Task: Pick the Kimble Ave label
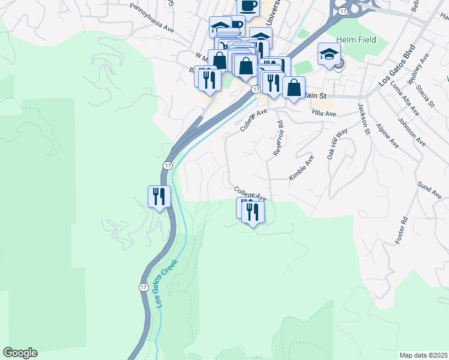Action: coord(301,168)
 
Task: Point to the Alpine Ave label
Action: coord(387,136)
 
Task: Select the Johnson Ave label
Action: coord(412,134)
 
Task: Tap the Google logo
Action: coord(20,353)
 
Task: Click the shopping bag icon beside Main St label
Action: coord(294,88)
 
